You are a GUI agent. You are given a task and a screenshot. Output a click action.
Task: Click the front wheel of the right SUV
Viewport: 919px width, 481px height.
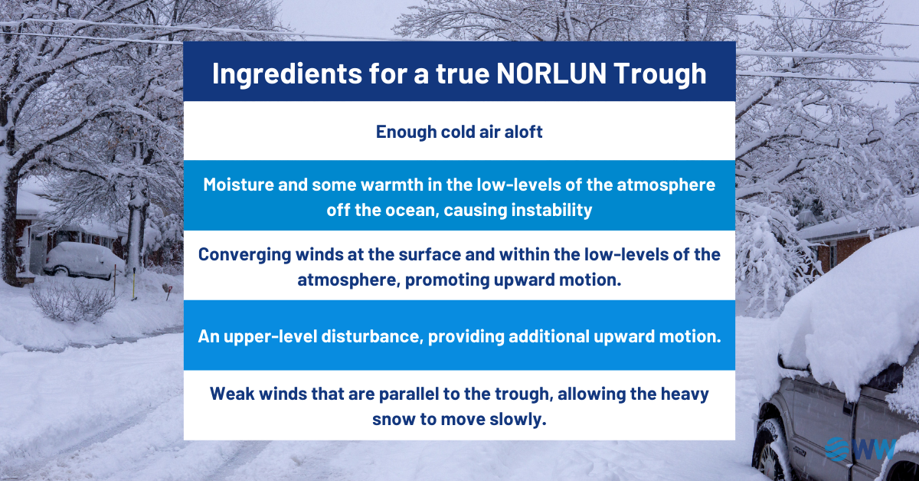769,452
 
